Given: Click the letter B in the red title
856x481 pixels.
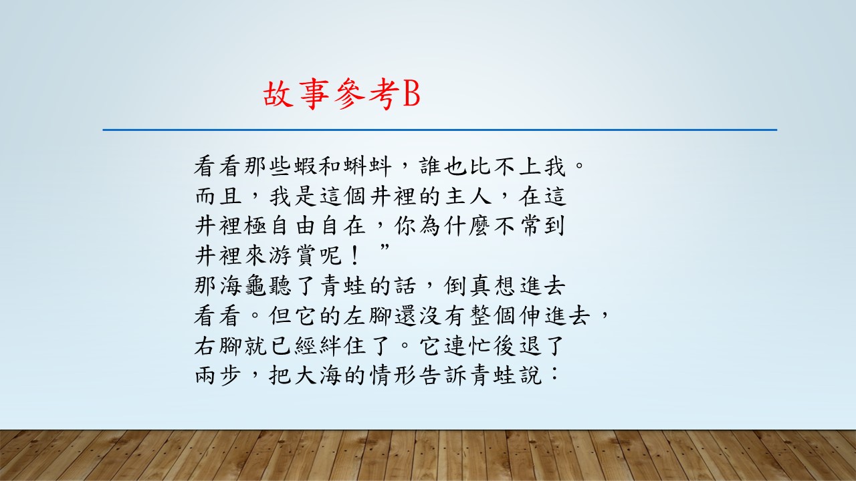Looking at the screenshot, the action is coord(411,94).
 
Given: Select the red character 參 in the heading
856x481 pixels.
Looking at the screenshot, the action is coord(349,94).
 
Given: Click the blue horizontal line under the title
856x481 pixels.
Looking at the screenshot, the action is coord(440,130).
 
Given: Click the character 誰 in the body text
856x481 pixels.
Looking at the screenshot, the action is coord(431,166).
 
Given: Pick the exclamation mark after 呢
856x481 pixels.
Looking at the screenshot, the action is coord(354,256).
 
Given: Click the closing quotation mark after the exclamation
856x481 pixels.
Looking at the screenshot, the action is coord(385,247).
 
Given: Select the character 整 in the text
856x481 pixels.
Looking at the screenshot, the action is coord(481,316).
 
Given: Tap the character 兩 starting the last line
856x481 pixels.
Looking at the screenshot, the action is coord(206,375).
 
